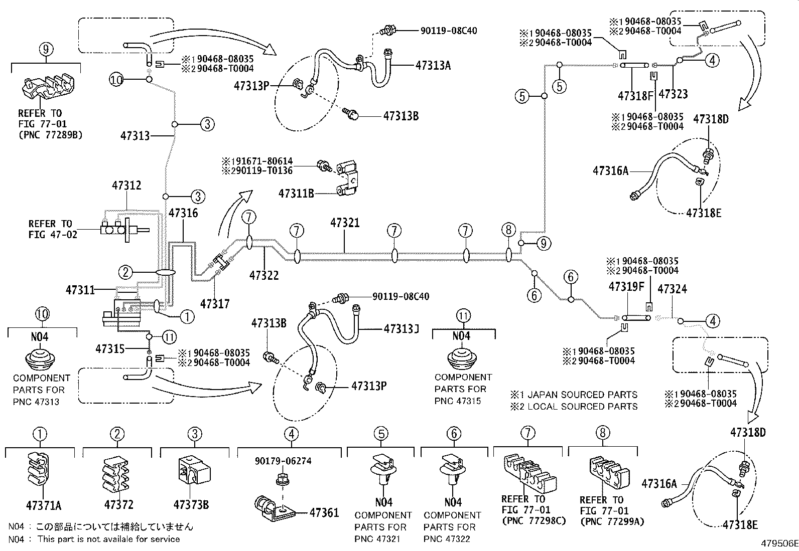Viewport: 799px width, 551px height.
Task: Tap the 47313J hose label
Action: click(x=401, y=329)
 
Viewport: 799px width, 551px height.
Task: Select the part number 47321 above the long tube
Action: click(x=345, y=222)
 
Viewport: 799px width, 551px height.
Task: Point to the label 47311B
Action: click(x=296, y=193)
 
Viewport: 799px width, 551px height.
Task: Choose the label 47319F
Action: click(x=626, y=287)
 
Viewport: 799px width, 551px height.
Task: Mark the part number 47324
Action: click(x=672, y=289)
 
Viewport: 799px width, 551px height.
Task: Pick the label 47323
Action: click(x=673, y=94)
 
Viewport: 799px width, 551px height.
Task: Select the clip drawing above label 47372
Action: click(x=116, y=472)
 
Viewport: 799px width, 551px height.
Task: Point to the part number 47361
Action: click(x=324, y=512)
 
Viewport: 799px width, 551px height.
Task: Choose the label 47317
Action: click(x=215, y=303)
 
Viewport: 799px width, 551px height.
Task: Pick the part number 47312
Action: click(x=126, y=186)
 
